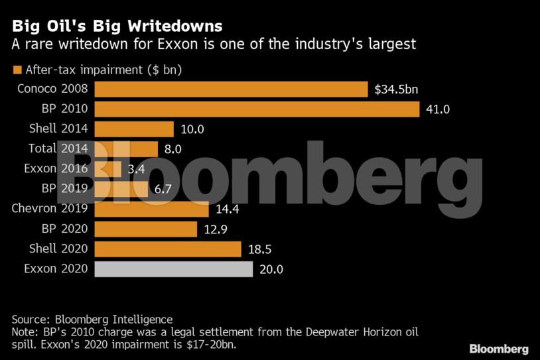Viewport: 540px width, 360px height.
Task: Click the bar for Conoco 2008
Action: tap(231, 89)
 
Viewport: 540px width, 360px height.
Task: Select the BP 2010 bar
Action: tap(257, 109)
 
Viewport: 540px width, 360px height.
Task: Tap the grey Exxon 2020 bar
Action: tap(174, 269)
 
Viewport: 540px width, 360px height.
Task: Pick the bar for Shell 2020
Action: tap(168, 249)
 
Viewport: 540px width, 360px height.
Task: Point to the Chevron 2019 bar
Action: tap(152, 209)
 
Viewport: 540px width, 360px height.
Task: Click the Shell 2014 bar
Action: tap(134, 129)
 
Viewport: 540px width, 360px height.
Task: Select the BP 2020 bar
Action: tap(146, 229)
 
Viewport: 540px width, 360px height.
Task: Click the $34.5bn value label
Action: tap(396, 89)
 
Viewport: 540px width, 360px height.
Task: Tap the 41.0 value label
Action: tap(438, 109)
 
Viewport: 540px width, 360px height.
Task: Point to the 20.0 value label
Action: tap(271, 269)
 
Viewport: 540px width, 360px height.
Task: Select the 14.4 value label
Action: tap(228, 210)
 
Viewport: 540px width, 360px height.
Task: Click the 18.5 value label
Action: tap(259, 249)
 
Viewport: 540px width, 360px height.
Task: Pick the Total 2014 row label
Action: tap(58, 149)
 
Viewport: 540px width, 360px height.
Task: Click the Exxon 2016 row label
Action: tap(56, 168)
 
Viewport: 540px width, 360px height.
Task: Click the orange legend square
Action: tap(17, 69)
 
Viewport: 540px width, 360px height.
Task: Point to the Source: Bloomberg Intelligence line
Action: tap(92, 319)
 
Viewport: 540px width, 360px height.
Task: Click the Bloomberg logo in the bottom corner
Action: tap(499, 348)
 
